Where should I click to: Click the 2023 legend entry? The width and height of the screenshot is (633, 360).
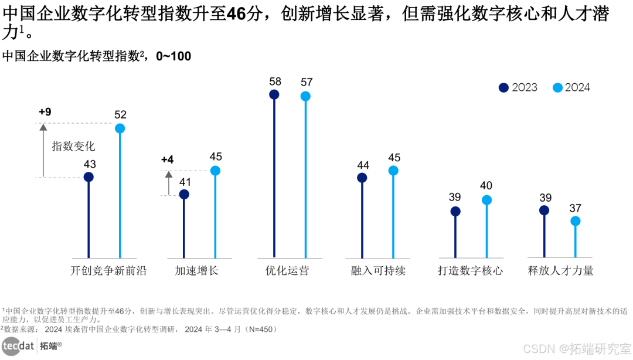click(x=518, y=87)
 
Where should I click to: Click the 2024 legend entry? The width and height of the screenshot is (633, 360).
click(x=571, y=87)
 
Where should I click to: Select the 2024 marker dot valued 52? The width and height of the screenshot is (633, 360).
click(x=120, y=128)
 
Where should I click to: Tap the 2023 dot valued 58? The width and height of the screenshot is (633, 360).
click(x=274, y=94)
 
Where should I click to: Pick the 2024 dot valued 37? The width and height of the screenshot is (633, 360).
click(x=576, y=221)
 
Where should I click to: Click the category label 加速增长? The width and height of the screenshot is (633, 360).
click(x=196, y=270)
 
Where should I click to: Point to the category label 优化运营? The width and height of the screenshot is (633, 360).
click(x=287, y=270)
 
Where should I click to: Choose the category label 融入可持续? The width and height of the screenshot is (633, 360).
click(x=378, y=270)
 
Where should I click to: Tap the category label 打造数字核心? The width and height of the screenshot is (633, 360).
click(x=470, y=270)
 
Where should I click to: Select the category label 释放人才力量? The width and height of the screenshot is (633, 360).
click(x=560, y=270)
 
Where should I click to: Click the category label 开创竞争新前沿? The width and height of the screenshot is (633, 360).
click(x=108, y=270)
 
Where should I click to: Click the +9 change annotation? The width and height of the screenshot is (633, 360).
click(x=45, y=111)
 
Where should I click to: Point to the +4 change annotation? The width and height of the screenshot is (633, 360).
click(x=167, y=159)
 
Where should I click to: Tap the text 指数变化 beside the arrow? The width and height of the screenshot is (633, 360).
click(x=73, y=146)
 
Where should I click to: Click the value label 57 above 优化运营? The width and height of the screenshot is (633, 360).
click(x=306, y=82)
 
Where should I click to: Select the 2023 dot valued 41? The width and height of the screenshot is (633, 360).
click(x=184, y=195)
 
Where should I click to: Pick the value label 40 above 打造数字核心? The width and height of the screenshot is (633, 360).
click(x=486, y=186)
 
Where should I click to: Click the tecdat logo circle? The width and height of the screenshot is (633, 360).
click(x=11, y=347)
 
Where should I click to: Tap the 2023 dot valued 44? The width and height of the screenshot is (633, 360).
click(x=362, y=178)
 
